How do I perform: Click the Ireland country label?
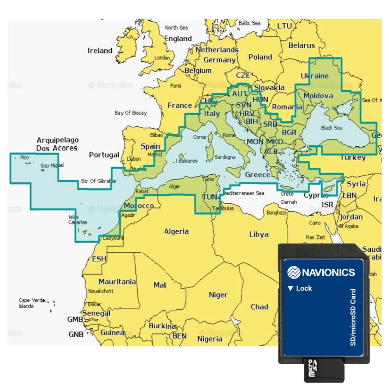100,51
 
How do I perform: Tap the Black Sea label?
332,128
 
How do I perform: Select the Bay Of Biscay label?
131,113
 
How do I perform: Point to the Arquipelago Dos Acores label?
58,144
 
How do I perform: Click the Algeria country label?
176,231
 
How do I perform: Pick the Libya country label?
259,234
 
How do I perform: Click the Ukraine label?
315,76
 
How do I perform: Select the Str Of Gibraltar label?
99,181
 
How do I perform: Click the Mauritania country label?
117,282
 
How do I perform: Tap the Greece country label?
257,175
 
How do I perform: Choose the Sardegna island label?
225,157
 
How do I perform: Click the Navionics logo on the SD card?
321,272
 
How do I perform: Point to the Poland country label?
260,57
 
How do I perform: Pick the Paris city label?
175,86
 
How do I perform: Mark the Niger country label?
218,295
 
